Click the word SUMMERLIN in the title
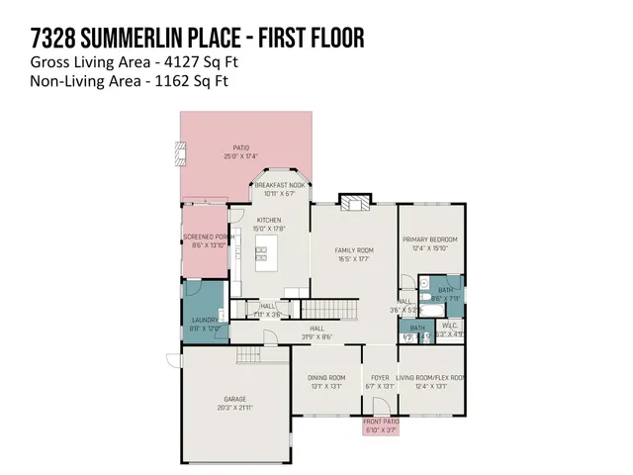(x=164, y=39)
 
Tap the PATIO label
(x=241, y=149)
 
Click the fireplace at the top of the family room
(x=352, y=202)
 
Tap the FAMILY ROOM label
(x=353, y=250)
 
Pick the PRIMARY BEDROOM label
(x=430, y=240)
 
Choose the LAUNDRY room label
(x=204, y=320)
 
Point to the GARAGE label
(x=234, y=399)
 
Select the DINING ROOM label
(x=325, y=377)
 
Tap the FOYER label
(x=380, y=377)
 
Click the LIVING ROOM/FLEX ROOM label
(x=430, y=377)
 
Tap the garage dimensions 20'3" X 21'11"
(x=234, y=408)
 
